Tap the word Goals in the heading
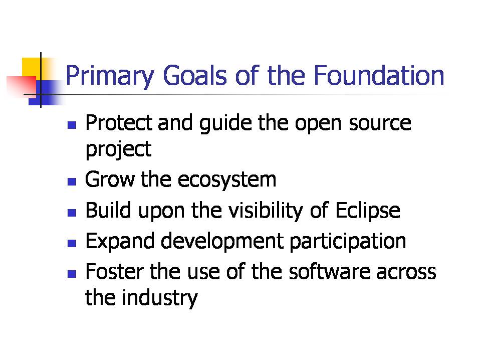pyautogui.click(x=195, y=75)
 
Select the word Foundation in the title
pyautogui.click(x=379, y=75)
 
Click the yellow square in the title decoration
pyautogui.click(x=32, y=68)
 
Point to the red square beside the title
pyautogui.click(x=21, y=85)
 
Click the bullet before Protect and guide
pyautogui.click(x=72, y=125)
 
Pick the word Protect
pyautogui.click(x=119, y=123)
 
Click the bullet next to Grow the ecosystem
pyautogui.click(x=72, y=182)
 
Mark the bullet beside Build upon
pyautogui.click(x=72, y=213)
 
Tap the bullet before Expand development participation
pyautogui.click(x=72, y=244)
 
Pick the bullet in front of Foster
pyautogui.click(x=72, y=274)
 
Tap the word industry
pyautogui.click(x=160, y=298)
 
